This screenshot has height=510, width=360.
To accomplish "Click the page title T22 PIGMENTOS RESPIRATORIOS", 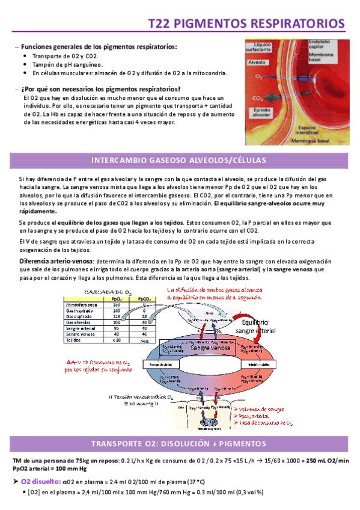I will (246, 23).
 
